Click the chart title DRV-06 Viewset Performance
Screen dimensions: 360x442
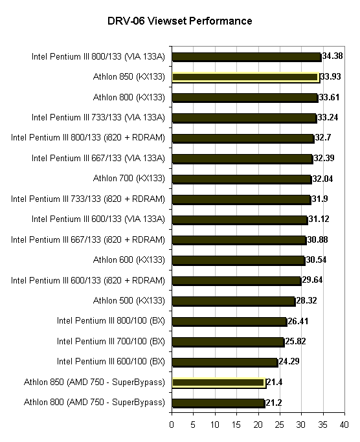pyautogui.click(x=180, y=21)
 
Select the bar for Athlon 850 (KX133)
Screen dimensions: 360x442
pyautogui.click(x=246, y=77)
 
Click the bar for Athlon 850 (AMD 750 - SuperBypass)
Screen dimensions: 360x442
pyautogui.click(x=219, y=383)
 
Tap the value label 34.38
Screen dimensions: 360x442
pyautogui.click(x=332, y=56)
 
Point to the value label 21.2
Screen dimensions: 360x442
pyautogui.click(x=274, y=403)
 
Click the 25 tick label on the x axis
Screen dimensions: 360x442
pyautogui.click(x=279, y=425)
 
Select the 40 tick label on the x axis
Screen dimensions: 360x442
pyautogui.click(x=344, y=425)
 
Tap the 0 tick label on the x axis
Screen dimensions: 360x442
pyautogui.click(x=172, y=425)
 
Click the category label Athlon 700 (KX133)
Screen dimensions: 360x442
pyautogui.click(x=129, y=179)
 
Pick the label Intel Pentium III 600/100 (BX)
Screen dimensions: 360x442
pyautogui.click(x=111, y=361)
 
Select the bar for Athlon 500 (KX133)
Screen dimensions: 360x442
pyautogui.click(x=234, y=302)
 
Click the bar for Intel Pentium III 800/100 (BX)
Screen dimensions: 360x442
pyautogui.click(x=229, y=322)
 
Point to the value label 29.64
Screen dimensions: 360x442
pyautogui.click(x=312, y=280)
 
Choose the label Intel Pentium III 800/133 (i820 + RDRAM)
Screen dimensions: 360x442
pyautogui.click(x=88, y=138)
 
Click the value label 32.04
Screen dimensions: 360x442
pyautogui.click(x=322, y=179)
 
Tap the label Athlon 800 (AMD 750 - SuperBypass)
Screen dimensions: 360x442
pyautogui.click(x=95, y=403)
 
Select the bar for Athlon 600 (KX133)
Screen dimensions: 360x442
pyautogui.click(x=238, y=261)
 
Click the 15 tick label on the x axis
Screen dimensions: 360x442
pyautogui.click(x=236, y=425)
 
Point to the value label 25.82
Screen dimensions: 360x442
pyautogui.click(x=295, y=341)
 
